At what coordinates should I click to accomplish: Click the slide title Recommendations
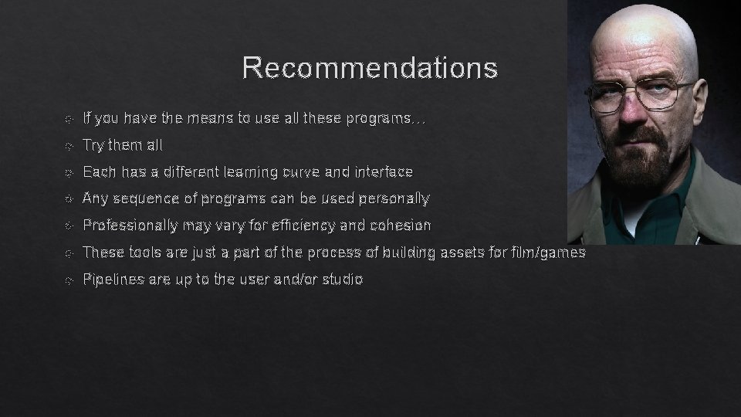coord(370,68)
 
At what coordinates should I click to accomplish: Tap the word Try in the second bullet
coord(93,145)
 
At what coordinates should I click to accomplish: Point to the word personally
coord(392,198)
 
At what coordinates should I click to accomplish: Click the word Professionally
coord(129,225)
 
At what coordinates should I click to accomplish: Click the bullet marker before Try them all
coord(69,146)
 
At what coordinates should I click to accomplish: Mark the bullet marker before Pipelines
coord(69,280)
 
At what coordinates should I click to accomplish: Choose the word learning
coord(250,171)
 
